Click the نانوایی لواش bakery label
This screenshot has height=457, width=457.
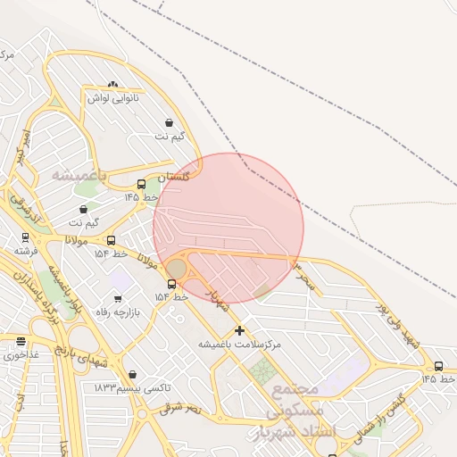tap(112, 97)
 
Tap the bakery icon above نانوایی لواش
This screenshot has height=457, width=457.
tap(112, 84)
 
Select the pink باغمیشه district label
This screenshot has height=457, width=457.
tap(79, 174)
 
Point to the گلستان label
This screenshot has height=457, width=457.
tap(173, 177)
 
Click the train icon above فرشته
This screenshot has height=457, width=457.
tap(25, 238)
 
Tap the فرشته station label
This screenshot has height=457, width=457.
tap(25, 251)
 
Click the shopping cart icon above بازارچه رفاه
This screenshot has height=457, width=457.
tap(118, 299)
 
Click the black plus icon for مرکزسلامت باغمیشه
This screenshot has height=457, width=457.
tap(239, 330)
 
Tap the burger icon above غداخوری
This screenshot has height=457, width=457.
tap(21, 342)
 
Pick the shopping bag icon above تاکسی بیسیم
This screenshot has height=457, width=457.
tap(133, 375)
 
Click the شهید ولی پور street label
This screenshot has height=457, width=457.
tap(398, 325)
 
